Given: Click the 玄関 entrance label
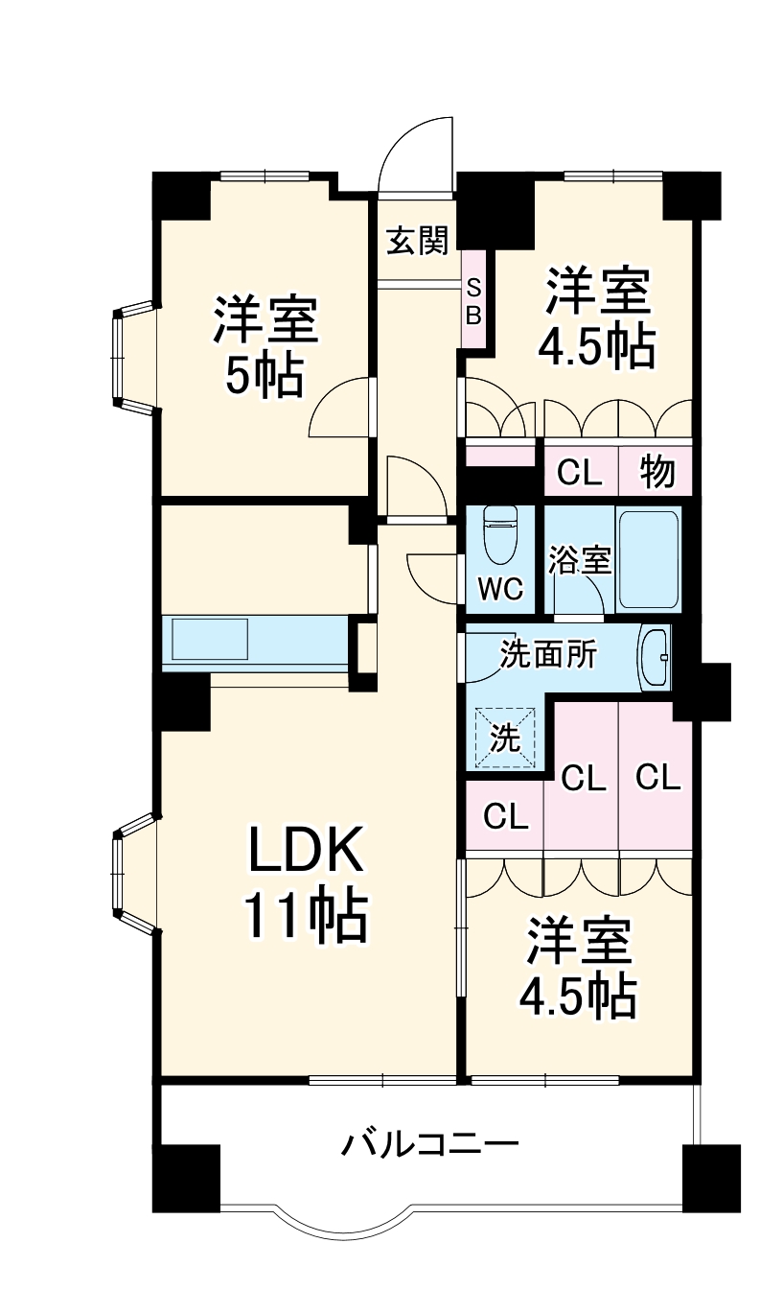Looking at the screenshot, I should coord(417,240).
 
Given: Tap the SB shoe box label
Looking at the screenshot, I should coord(473,300).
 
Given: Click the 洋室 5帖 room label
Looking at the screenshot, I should coord(264,347).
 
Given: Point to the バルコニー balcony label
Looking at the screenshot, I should coord(430,1144).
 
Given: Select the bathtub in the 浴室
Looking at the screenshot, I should coord(649,560).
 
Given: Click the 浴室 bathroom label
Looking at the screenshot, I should coord(579,560).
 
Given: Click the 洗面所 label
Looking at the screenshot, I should coord(549,655).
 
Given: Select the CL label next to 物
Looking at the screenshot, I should coord(580,472).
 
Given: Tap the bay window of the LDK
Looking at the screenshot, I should coord(131,873).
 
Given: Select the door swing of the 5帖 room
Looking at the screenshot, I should coord(340,408).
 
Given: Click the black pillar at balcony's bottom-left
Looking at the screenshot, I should coord(187,1178).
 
